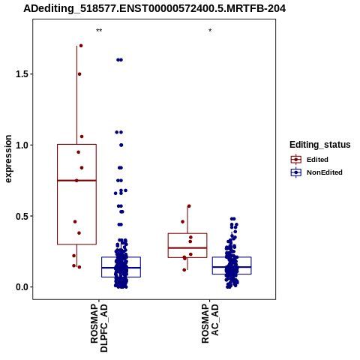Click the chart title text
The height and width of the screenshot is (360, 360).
(154, 9)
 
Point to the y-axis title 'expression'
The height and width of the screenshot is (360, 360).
(8, 159)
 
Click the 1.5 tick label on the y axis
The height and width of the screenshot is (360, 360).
(22, 74)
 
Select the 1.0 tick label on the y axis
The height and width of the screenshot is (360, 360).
(22, 145)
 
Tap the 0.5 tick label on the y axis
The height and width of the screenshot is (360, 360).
(22, 216)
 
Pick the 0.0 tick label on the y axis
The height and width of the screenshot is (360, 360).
(22, 287)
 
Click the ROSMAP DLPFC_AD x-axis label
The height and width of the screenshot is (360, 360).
(99, 328)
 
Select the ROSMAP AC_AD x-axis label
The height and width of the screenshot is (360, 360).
(210, 323)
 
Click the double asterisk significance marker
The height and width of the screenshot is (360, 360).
(99, 31)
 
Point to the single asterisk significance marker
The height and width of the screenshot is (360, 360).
(210, 31)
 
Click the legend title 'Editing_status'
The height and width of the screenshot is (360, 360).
(320, 145)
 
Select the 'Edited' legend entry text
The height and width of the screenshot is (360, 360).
(317, 160)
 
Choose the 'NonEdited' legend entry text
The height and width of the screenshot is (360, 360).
(325, 172)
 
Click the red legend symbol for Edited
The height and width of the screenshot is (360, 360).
(296, 160)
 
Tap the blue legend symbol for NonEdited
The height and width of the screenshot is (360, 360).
(296, 172)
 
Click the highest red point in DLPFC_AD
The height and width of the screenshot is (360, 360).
(81, 46)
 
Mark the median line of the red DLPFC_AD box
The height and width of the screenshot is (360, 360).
(76, 181)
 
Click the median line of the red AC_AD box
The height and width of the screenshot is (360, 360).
(187, 248)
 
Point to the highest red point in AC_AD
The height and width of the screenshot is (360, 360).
(189, 206)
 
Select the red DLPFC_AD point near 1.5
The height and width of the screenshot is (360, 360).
(79, 74)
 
